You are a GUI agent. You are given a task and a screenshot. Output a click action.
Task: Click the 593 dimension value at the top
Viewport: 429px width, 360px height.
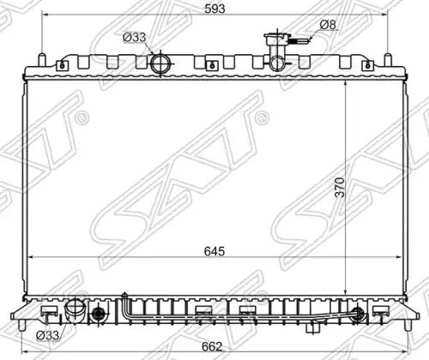click(214, 9)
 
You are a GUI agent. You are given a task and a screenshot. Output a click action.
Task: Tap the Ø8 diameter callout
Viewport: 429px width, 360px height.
click(328, 25)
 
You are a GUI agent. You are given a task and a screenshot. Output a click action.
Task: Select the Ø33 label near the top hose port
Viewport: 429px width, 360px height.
click(135, 38)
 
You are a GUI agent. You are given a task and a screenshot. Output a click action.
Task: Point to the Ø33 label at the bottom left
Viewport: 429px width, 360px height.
click(48, 335)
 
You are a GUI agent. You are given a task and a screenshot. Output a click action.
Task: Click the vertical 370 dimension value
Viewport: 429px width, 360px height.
click(341, 187)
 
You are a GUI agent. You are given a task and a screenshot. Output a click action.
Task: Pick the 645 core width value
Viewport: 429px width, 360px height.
click(214, 251)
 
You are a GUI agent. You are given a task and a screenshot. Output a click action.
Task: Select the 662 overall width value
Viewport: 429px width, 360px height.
click(212, 346)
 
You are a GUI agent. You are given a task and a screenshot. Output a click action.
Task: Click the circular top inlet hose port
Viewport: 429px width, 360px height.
click(160, 63)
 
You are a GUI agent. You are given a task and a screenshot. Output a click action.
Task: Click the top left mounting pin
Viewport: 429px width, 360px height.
click(42, 59)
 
